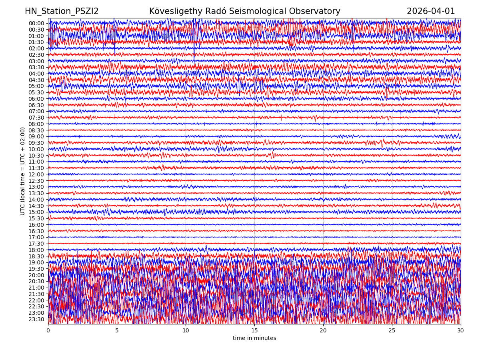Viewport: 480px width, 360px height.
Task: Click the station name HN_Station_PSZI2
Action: (x=62, y=12)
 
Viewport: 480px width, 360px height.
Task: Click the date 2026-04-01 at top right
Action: (x=431, y=12)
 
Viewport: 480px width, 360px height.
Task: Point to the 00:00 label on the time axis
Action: (x=36, y=23)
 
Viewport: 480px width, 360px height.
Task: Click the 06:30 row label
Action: (x=36, y=105)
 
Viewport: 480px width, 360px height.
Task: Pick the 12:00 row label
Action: (x=36, y=174)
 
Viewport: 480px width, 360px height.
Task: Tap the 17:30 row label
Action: (x=36, y=244)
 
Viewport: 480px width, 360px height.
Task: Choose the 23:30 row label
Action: (x=36, y=319)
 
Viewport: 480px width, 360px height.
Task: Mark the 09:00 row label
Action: (x=36, y=136)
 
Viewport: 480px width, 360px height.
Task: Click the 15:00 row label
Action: (x=36, y=212)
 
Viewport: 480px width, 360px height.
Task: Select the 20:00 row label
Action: (x=36, y=275)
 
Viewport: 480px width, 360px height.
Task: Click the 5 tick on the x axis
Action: (x=117, y=331)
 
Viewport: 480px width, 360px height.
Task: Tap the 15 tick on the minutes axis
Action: (x=254, y=331)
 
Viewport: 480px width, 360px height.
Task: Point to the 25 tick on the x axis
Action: (x=392, y=331)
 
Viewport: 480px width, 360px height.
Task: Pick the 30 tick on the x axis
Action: (x=461, y=331)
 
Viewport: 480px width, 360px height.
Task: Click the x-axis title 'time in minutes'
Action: (x=254, y=338)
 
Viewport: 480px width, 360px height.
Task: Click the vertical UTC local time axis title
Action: (x=23, y=171)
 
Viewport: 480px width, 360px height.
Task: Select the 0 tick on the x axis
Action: (x=48, y=331)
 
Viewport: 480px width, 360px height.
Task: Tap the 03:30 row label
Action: (x=36, y=67)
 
